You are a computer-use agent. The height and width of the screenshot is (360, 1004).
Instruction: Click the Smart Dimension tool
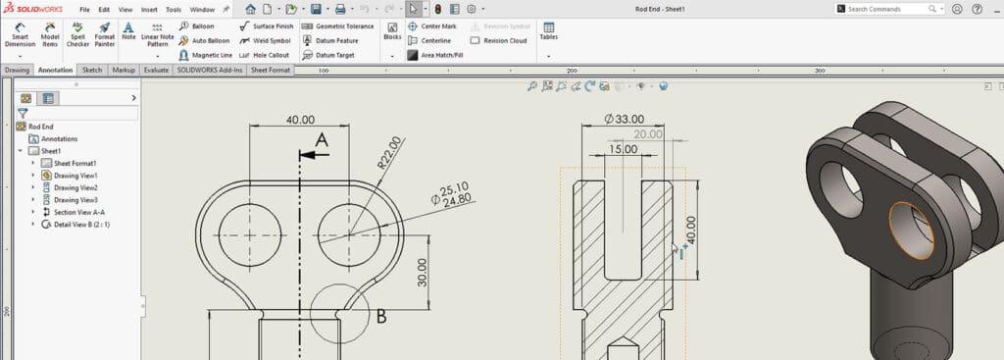[x=20, y=36]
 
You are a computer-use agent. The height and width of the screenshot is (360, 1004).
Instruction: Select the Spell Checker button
[x=77, y=36]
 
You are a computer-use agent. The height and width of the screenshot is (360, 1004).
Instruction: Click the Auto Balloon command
[x=205, y=40]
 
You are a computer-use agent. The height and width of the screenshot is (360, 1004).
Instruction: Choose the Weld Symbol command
[x=268, y=40]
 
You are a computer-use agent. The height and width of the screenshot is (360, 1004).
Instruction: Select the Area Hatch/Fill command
[x=440, y=56]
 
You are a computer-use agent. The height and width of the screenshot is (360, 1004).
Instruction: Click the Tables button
[x=548, y=32]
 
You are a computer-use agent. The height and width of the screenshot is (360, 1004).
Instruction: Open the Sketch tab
[x=92, y=71]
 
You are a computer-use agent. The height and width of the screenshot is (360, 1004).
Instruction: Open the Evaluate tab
[x=156, y=71]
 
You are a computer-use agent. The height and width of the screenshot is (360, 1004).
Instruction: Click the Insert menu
[x=149, y=9]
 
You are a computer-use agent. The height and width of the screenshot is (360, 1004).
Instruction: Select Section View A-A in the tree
[x=79, y=212]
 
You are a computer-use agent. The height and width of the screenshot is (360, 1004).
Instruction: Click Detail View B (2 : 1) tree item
[x=87, y=225]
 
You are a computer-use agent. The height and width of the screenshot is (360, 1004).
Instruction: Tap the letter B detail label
[x=381, y=317]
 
